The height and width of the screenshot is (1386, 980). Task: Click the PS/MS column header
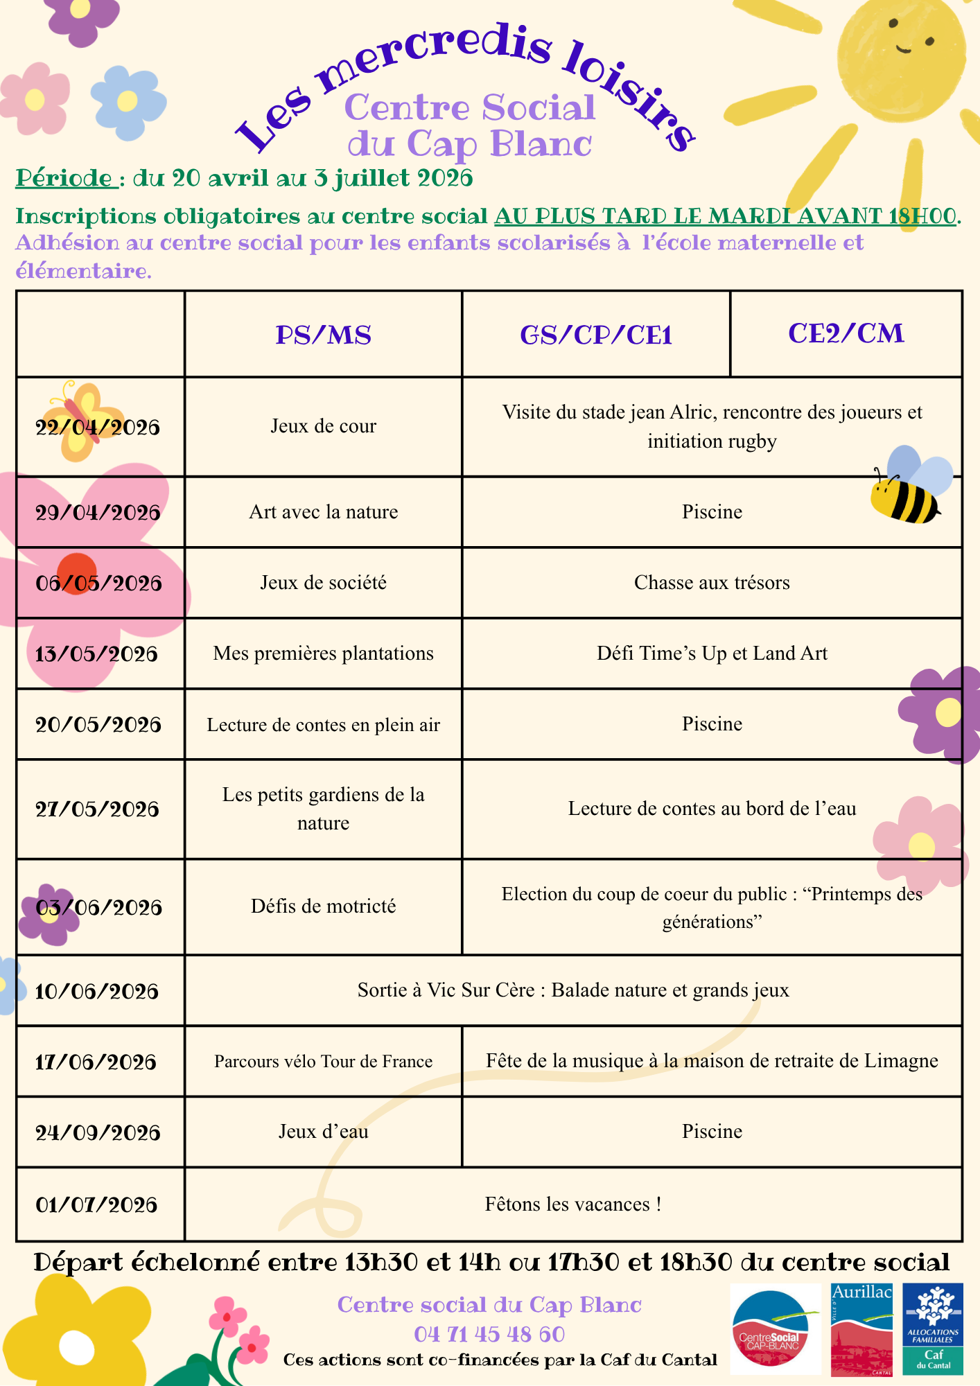[x=323, y=335]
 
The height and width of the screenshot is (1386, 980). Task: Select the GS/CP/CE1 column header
[x=596, y=335]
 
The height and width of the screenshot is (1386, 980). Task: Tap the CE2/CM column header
[x=846, y=334]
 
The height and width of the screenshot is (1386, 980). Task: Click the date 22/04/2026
[x=98, y=428]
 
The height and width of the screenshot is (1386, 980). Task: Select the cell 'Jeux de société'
[x=323, y=583]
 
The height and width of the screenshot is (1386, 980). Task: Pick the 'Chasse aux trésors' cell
[x=712, y=583]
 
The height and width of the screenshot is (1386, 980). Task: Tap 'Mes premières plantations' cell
[x=323, y=653]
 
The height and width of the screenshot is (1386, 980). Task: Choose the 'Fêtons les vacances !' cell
[x=572, y=1204]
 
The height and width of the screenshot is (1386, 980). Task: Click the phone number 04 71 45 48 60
[x=489, y=1334]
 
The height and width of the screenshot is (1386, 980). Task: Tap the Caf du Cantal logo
[x=933, y=1328]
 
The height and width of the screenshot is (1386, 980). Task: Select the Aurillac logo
[x=861, y=1328]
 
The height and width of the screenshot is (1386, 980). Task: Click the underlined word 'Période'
[x=65, y=178]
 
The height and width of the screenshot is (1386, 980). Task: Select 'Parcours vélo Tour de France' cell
[x=323, y=1062]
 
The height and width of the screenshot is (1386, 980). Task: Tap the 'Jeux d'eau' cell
[x=323, y=1132]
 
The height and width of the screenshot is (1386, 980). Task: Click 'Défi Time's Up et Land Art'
[x=712, y=653]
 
